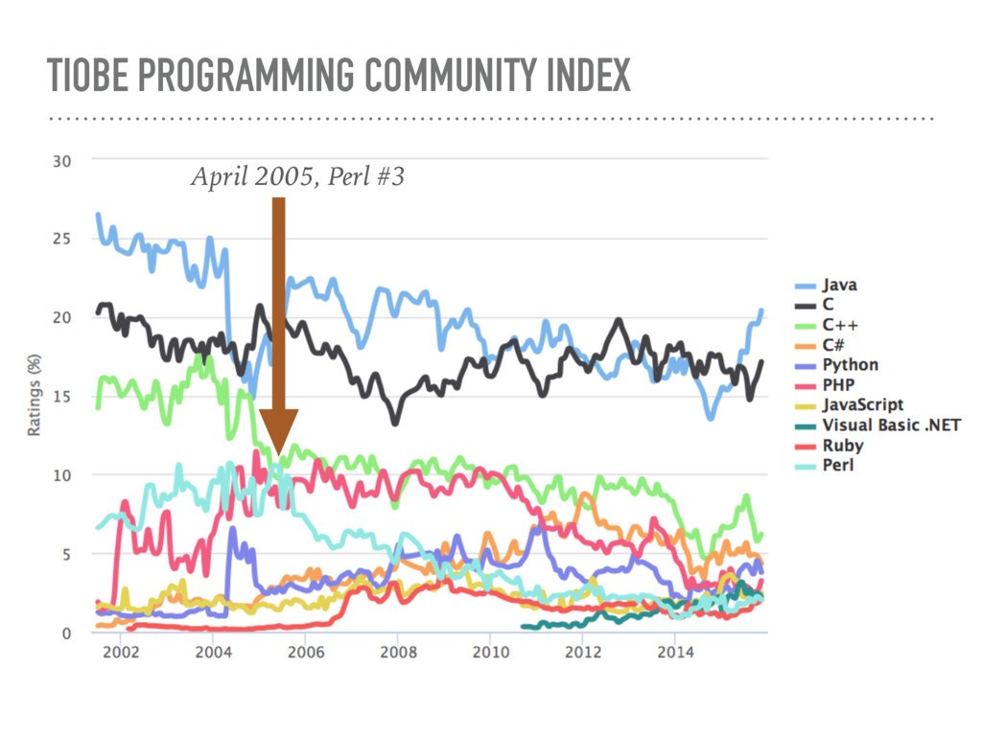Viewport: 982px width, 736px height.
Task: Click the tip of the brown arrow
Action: click(278, 453)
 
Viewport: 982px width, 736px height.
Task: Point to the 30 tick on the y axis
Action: click(60, 161)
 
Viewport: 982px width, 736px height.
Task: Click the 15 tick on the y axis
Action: click(60, 397)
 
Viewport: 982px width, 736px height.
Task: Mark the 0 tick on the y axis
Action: click(65, 632)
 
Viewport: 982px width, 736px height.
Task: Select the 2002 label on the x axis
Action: click(122, 654)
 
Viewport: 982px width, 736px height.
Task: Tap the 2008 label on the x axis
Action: click(398, 654)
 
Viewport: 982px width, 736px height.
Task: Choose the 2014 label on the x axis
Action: click(675, 654)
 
